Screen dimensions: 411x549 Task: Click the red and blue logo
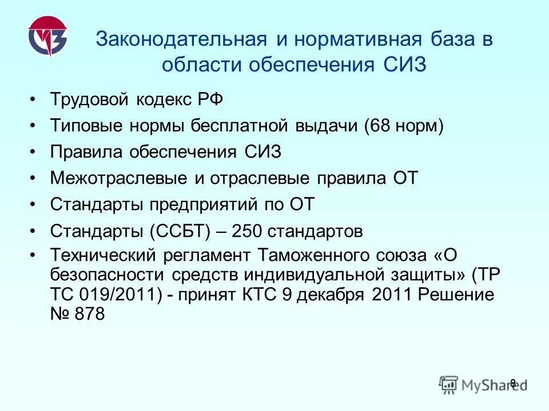(48, 40)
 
